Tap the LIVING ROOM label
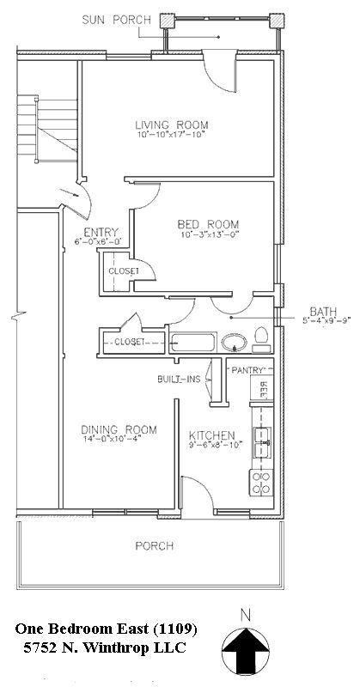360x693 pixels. coord(172,125)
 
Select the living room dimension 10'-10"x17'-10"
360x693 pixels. coord(172,136)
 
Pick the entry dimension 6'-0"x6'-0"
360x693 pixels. coord(100,241)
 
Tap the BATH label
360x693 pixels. coord(323,312)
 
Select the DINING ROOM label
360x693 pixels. coord(119,429)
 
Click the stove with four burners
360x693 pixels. coord(259,481)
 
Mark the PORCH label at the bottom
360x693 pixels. coord(155,546)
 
